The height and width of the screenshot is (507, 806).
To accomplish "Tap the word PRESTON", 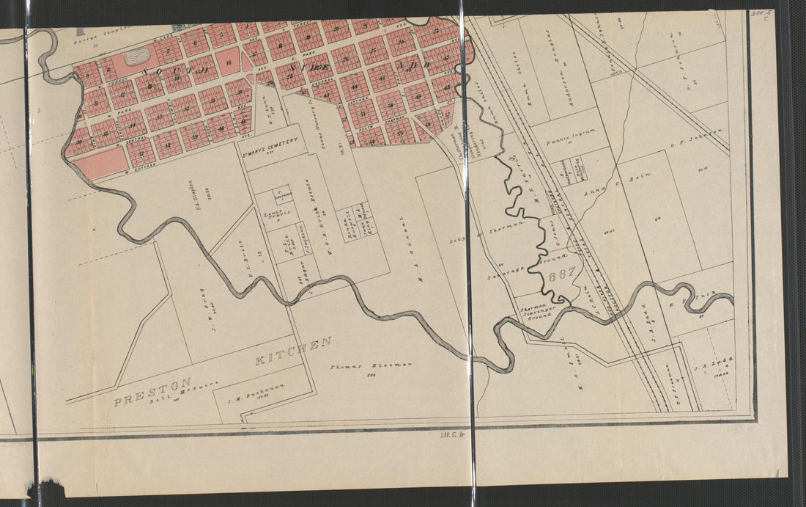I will point(153,391).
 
